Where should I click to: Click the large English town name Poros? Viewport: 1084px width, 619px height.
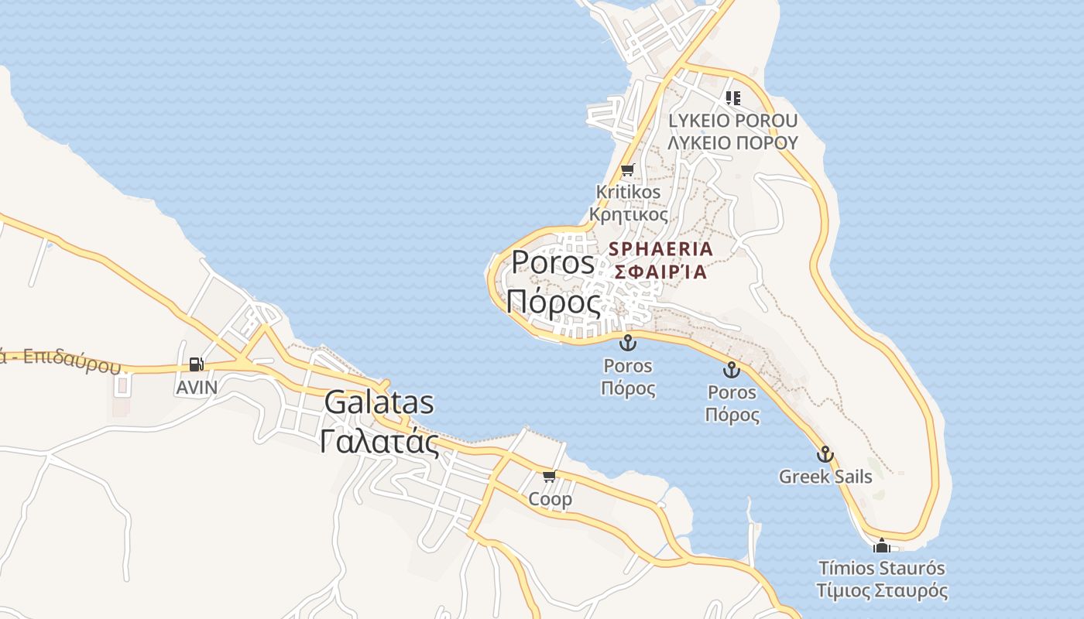pyautogui.click(x=552, y=263)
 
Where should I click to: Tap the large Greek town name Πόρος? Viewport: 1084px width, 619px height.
pyautogui.click(x=553, y=302)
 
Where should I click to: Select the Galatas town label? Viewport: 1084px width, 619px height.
pyautogui.click(x=379, y=402)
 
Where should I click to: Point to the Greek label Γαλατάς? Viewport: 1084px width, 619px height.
pyautogui.click(x=379, y=441)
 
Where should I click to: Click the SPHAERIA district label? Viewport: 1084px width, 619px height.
pyautogui.click(x=660, y=249)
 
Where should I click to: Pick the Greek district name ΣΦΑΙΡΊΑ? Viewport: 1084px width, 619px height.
pyautogui.click(x=660, y=272)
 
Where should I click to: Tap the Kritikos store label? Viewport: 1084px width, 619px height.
pyautogui.click(x=628, y=191)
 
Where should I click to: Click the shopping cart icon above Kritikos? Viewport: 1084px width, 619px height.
pyautogui.click(x=627, y=170)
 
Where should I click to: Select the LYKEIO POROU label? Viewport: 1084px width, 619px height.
pyautogui.click(x=732, y=121)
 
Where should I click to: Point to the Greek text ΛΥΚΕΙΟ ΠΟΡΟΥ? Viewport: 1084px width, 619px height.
pyautogui.click(x=732, y=142)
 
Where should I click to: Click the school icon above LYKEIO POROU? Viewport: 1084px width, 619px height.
pyautogui.click(x=732, y=98)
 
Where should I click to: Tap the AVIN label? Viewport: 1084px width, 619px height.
pyautogui.click(x=197, y=387)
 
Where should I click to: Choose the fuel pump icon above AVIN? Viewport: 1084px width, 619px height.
pyautogui.click(x=197, y=364)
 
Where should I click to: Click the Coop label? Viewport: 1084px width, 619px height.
pyautogui.click(x=550, y=499)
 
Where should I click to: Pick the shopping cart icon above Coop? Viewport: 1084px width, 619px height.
pyautogui.click(x=549, y=476)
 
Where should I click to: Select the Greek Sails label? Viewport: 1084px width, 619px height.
pyautogui.click(x=825, y=477)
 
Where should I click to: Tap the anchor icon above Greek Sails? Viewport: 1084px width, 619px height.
pyautogui.click(x=825, y=454)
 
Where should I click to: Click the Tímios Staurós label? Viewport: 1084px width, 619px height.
pyautogui.click(x=882, y=569)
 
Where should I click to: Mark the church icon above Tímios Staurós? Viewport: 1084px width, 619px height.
pyautogui.click(x=881, y=546)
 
